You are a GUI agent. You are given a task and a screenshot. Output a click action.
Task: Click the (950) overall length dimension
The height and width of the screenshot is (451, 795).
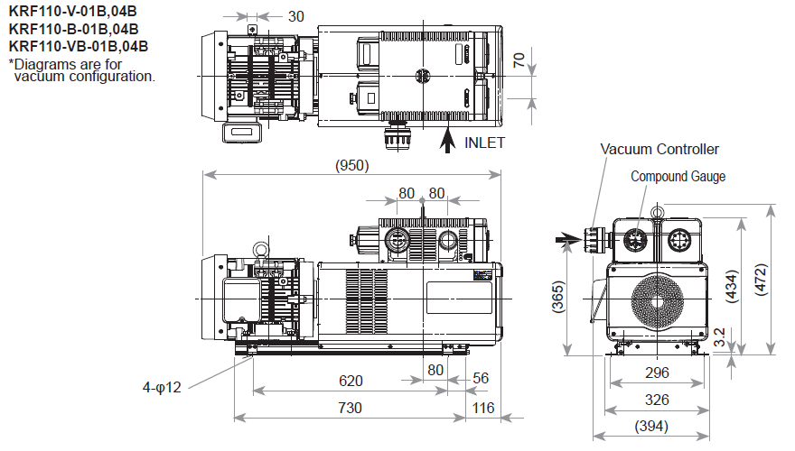(352, 165)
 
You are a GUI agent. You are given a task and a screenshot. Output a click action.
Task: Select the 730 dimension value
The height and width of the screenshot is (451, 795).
(350, 408)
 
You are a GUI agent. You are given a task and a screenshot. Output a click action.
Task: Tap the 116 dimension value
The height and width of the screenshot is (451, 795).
(483, 408)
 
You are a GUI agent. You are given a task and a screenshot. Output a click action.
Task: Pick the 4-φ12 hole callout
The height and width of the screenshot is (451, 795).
(162, 388)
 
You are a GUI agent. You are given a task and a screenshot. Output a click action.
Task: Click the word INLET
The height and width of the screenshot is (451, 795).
(485, 143)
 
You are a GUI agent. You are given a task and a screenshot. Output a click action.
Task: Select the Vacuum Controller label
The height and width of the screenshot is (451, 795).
(660, 149)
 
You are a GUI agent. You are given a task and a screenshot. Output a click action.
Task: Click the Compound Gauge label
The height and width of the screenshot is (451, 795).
(678, 177)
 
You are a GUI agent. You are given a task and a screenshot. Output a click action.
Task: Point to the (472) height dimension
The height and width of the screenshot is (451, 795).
(761, 287)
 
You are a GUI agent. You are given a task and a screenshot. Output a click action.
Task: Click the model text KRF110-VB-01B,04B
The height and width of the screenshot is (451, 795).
(79, 46)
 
